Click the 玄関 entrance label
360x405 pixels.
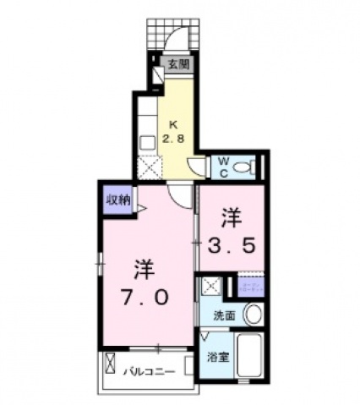tap(177, 63)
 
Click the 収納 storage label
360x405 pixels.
tap(117, 200)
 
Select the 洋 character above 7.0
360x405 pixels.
tap(142, 270)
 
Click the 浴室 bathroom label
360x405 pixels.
tap(218, 357)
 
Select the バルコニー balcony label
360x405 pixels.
tap(151, 370)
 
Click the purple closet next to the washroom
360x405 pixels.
tap(251, 286)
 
